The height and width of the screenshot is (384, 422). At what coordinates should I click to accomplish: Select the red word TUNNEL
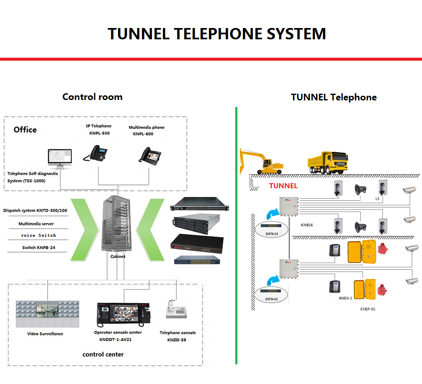[283, 186]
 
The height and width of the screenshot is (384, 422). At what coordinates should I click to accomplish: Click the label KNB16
[306, 225]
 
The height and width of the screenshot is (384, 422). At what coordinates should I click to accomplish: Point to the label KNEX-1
[345, 298]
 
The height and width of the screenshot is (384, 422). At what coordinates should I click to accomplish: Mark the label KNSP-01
[368, 309]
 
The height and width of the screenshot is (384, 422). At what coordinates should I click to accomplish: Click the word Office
[25, 130]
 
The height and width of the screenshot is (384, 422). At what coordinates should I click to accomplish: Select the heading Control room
[92, 97]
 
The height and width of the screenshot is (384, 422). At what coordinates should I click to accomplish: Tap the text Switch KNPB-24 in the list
[39, 248]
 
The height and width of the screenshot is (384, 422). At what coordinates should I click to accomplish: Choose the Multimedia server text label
[37, 224]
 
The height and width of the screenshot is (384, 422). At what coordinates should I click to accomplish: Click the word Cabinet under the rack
[118, 256]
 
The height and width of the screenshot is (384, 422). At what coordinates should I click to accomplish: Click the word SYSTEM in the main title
[285, 34]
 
